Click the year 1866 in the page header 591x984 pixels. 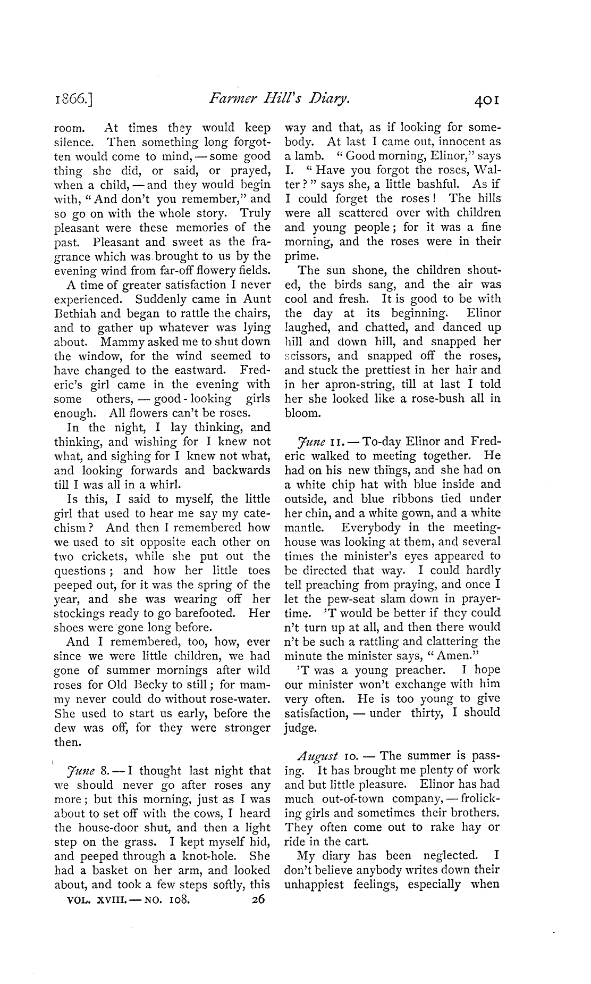click(x=74, y=98)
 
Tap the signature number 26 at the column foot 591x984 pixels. click(x=259, y=899)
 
